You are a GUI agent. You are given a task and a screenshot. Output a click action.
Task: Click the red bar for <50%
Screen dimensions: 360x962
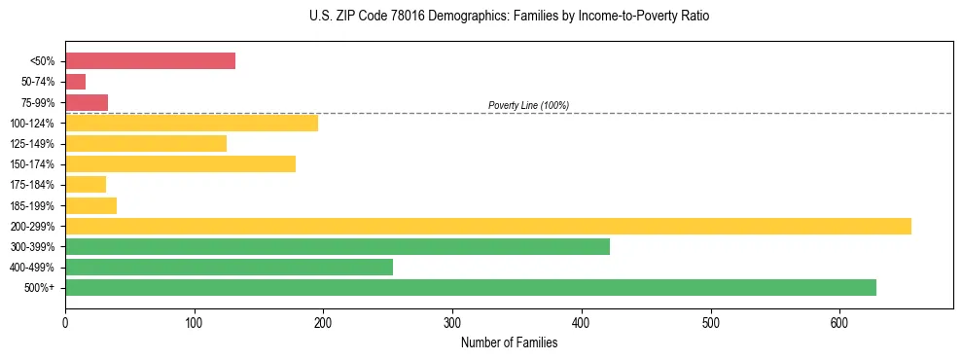[150, 61]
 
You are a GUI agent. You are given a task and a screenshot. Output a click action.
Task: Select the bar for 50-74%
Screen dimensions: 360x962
[75, 82]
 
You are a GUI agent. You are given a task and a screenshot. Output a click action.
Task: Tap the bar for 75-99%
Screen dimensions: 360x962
[87, 102]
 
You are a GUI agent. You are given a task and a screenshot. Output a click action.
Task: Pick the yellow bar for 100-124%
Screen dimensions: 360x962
[192, 123]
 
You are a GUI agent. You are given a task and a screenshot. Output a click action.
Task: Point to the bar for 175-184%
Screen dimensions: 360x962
[86, 185]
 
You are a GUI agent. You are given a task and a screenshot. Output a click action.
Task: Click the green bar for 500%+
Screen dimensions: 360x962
[471, 287]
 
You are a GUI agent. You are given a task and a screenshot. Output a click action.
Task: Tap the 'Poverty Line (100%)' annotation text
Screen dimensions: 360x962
[528, 105]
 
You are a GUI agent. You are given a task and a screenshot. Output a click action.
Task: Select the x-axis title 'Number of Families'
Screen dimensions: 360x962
[509, 342]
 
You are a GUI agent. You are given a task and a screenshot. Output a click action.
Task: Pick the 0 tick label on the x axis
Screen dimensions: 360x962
[65, 323]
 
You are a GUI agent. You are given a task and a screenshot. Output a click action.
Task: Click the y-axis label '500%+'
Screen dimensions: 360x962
[40, 288]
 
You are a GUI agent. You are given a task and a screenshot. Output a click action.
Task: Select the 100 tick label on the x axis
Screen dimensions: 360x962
[195, 323]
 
